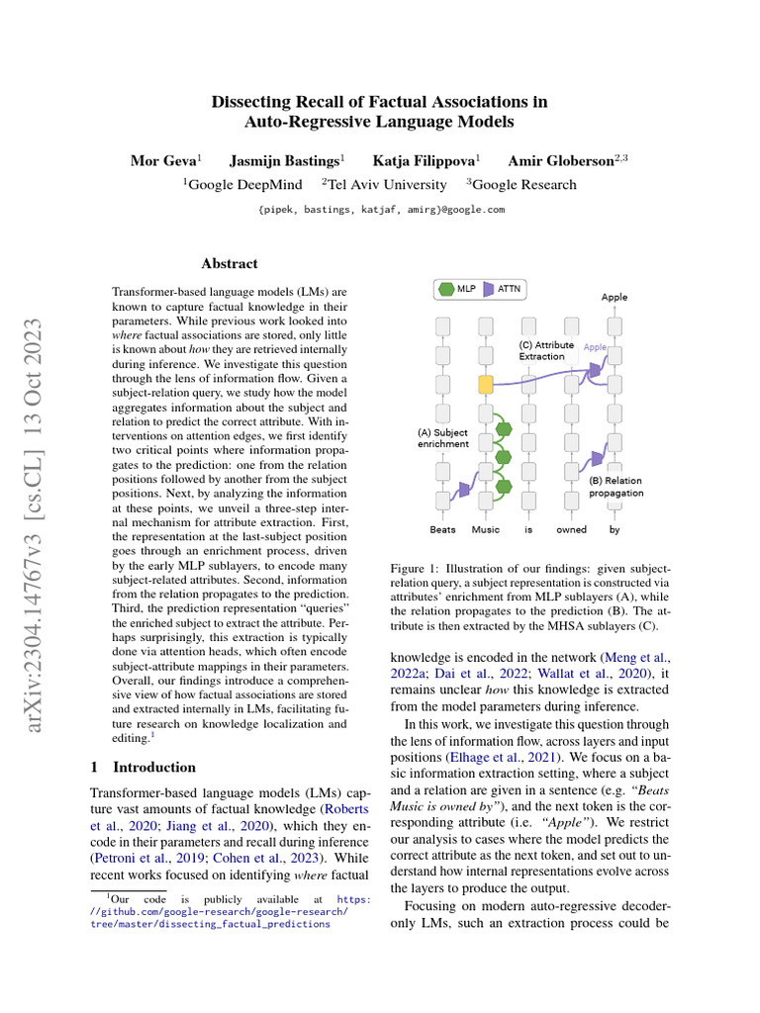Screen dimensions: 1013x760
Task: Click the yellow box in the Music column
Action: (485, 385)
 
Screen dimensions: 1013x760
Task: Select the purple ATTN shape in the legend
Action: (490, 290)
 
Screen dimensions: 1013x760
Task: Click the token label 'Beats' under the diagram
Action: (443, 529)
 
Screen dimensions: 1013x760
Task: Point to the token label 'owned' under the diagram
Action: (571, 529)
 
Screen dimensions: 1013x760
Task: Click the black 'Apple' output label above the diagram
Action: (614, 297)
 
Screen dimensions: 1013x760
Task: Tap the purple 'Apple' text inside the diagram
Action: (595, 347)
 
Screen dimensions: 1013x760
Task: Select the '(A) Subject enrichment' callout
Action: (442, 439)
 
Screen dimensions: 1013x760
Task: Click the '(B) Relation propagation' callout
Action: (616, 487)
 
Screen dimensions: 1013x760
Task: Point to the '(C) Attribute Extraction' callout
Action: (547, 350)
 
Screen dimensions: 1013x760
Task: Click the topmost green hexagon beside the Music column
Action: (504, 428)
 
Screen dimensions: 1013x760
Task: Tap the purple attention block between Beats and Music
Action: (462, 491)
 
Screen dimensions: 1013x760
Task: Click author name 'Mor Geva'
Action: (163, 160)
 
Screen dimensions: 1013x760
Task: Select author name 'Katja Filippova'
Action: (424, 160)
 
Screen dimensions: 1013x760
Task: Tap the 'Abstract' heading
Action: (230, 264)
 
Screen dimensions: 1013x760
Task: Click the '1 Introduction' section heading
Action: (143, 767)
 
